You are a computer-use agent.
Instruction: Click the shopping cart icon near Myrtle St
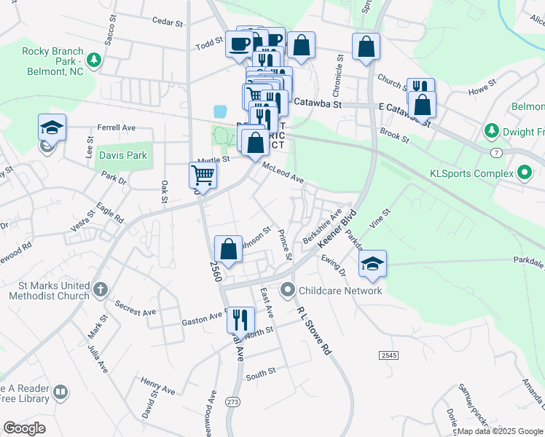[203, 175]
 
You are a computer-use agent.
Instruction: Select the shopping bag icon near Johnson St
[229, 248]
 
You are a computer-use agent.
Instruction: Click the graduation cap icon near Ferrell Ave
[52, 127]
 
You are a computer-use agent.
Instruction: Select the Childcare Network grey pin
[289, 291]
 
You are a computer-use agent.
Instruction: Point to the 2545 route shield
[388, 355]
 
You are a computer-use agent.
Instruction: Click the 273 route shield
[232, 401]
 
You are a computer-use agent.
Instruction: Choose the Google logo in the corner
[24, 428]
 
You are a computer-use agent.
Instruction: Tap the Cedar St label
[167, 23]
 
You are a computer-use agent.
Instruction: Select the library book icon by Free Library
[61, 393]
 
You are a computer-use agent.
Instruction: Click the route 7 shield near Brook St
[495, 151]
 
